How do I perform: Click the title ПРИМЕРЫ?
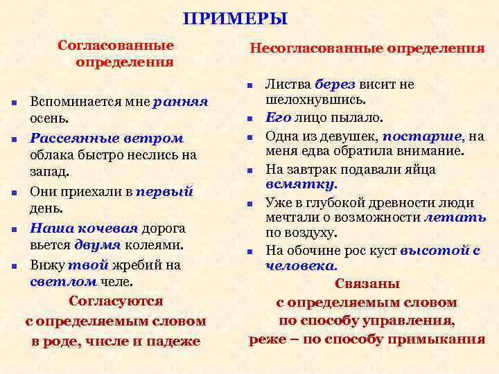235,19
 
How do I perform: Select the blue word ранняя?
181,102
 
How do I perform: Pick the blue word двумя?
99,244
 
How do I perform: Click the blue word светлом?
63,281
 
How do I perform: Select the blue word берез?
334,84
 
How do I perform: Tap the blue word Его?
279,118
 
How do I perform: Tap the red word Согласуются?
116,301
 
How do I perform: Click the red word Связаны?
367,284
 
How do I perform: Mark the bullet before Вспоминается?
15,103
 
